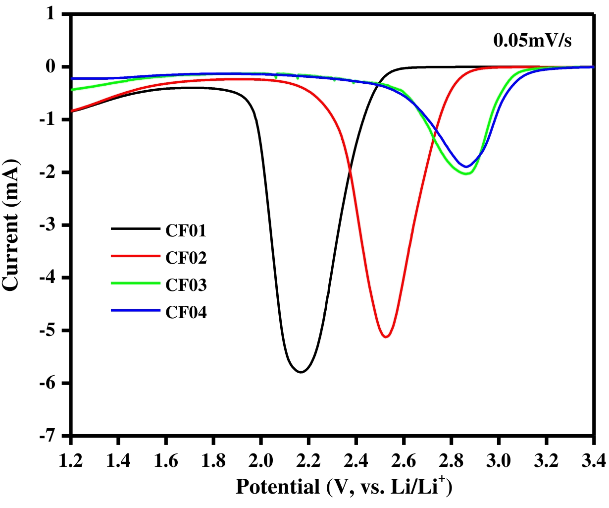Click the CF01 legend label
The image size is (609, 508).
[x=186, y=230]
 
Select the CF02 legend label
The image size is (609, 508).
[x=186, y=258]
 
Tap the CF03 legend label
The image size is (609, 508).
[x=186, y=285]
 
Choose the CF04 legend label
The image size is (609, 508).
[x=186, y=312]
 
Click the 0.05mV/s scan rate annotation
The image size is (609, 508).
[x=532, y=41]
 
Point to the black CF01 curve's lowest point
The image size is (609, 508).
[x=301, y=372]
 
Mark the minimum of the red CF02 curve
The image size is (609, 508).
[x=386, y=337]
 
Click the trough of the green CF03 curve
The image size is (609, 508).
[x=466, y=174]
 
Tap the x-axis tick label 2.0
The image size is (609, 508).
[x=261, y=462]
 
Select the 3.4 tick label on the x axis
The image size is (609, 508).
[x=594, y=462]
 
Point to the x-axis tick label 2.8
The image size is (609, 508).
[x=451, y=462]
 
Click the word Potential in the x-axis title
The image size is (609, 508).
[x=278, y=487]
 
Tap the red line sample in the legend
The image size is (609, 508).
[x=136, y=257]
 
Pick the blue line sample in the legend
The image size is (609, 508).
[x=136, y=311]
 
